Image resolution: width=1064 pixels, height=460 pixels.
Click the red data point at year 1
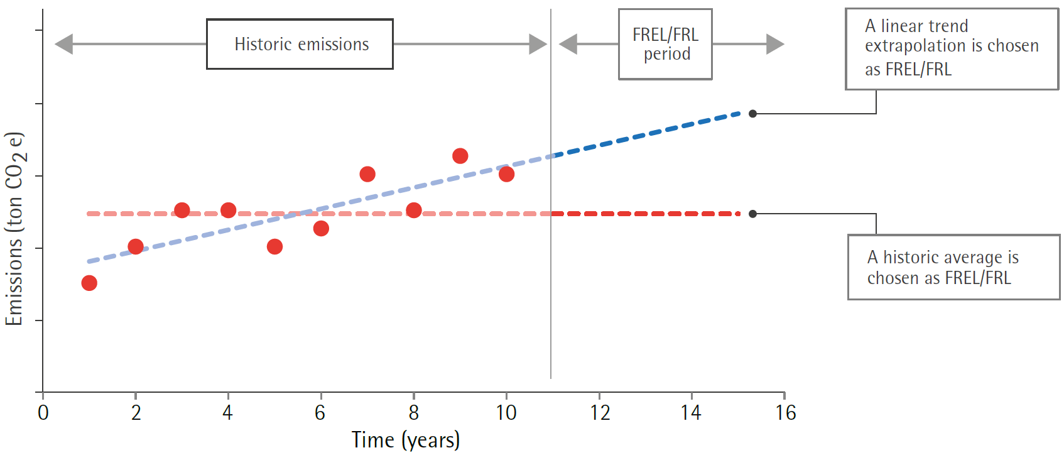pos(89,283)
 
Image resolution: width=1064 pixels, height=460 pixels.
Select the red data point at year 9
pos(460,156)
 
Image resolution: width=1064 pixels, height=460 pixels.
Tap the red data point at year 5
pos(274,246)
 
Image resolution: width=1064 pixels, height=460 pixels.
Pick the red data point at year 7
pos(367,174)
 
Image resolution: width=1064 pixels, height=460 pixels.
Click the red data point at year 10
pos(506,174)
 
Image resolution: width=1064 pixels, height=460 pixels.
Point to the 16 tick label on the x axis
pos(785,413)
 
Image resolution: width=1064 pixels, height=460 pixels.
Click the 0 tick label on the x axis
pos(43,413)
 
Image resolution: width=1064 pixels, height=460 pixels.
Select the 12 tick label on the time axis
pos(600,413)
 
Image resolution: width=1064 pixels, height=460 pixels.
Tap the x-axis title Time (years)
pos(405,440)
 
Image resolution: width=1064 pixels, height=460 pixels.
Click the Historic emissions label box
pos(300,44)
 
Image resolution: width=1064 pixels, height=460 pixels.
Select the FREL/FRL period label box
pos(665,44)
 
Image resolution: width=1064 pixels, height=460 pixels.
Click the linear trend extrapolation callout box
pos(951,48)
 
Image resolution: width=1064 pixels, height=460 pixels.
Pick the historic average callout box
pos(953,267)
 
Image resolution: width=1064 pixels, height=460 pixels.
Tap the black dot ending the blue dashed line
pos(752,114)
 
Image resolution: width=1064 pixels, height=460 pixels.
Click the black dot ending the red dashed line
pos(752,214)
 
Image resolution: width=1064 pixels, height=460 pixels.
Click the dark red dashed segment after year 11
pos(647,214)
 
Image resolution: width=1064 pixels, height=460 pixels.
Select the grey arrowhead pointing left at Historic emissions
pos(63,44)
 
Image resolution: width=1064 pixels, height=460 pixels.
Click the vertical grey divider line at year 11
pos(551,283)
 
